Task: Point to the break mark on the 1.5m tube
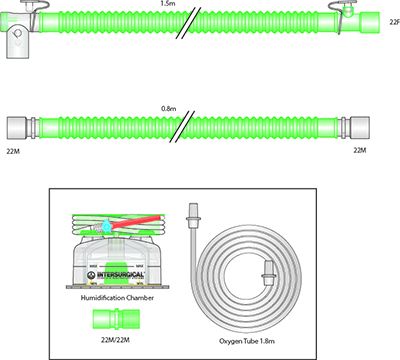[192, 21]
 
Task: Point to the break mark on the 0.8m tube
[193, 127]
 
